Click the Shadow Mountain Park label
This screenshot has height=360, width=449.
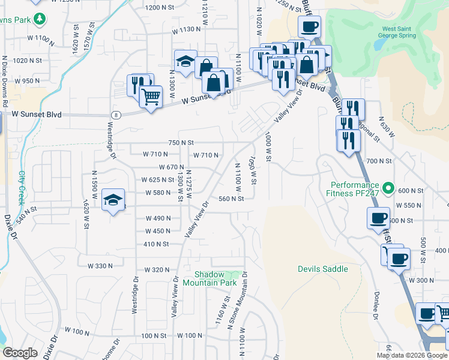coord(210,278)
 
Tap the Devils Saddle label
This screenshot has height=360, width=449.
coord(322,269)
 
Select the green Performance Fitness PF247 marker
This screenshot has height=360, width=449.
coord(388,189)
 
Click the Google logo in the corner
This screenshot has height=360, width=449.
coord(20,352)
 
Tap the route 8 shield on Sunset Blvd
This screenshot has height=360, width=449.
coord(116,114)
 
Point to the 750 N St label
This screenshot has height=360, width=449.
coord(181,142)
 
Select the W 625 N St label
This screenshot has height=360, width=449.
coord(157,179)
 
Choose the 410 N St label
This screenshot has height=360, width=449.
coord(155,244)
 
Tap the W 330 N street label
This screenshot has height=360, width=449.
coord(100,265)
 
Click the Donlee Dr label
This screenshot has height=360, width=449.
coord(376,305)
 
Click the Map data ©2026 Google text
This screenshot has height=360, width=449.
coord(411,355)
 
